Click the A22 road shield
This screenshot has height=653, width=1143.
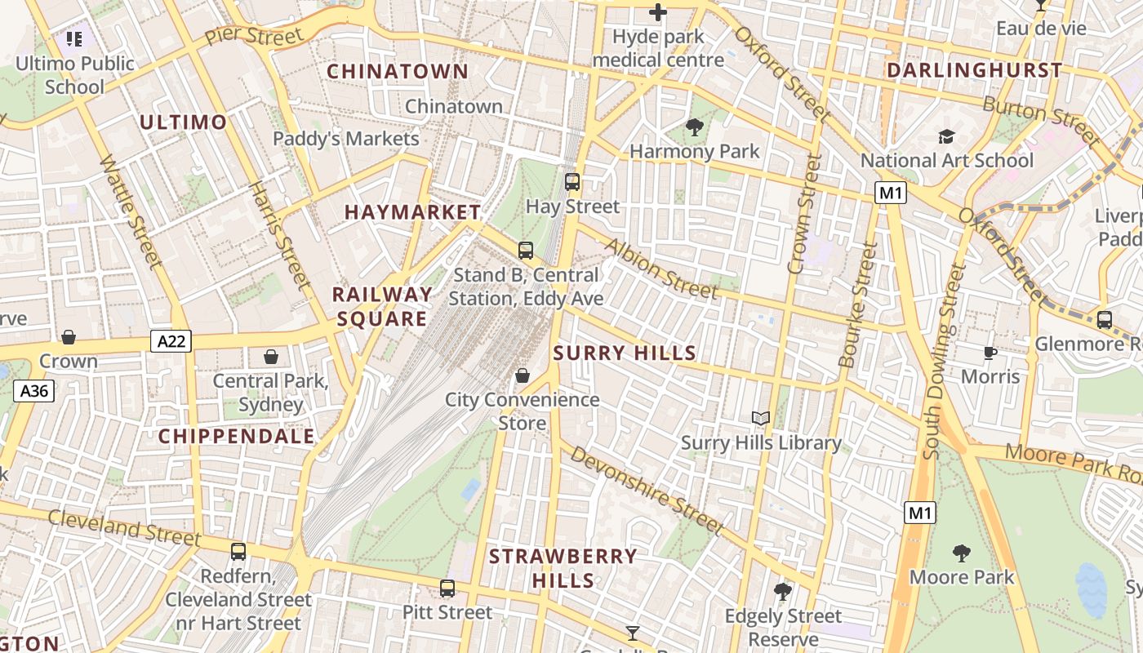pyautogui.click(x=171, y=341)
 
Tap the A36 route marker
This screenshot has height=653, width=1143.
pyautogui.click(x=34, y=392)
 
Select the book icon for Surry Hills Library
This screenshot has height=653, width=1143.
pyautogui.click(x=761, y=419)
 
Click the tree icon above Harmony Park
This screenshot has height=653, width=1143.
pyautogui.click(x=695, y=127)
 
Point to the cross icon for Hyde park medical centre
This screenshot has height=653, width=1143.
pyautogui.click(x=657, y=12)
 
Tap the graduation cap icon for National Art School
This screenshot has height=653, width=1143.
pyautogui.click(x=946, y=136)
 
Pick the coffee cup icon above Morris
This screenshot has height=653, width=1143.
pyautogui.click(x=990, y=353)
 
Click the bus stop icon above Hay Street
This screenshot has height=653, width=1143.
pyautogui.click(x=572, y=182)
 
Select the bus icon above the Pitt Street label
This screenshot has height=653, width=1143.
pyautogui.click(x=447, y=588)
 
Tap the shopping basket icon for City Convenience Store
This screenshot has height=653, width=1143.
pyautogui.click(x=522, y=375)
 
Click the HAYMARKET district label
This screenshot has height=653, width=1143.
pyautogui.click(x=412, y=212)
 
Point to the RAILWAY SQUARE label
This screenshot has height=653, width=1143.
pyautogui.click(x=382, y=306)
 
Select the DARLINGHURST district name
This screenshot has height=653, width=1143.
pyautogui.click(x=974, y=70)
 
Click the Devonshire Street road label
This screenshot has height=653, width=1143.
pyautogui.click(x=647, y=490)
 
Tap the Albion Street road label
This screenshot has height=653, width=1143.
pyautogui.click(x=661, y=269)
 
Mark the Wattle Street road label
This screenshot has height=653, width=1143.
pyautogui.click(x=131, y=211)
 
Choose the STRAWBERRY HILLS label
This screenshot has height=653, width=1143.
pyautogui.click(x=563, y=568)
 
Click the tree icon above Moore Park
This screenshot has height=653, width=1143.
pyautogui.click(x=962, y=553)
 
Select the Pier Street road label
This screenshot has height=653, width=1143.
pyautogui.click(x=253, y=36)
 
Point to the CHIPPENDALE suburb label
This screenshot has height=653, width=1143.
pyautogui.click(x=236, y=437)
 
